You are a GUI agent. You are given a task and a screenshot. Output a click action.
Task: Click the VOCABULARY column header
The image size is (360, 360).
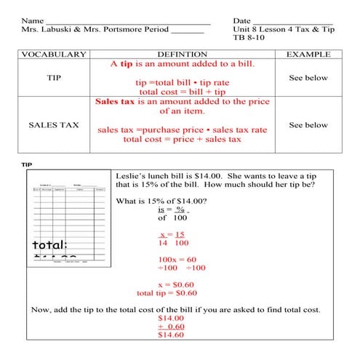54,55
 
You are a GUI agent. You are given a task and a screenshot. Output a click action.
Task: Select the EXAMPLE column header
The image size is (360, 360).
308,55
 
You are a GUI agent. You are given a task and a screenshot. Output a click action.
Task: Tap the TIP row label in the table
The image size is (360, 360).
54,78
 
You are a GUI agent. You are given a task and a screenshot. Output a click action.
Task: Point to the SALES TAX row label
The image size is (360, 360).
54,125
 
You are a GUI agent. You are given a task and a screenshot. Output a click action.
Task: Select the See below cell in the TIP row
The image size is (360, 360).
308,78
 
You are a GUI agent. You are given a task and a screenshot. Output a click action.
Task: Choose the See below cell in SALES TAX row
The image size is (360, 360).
308,125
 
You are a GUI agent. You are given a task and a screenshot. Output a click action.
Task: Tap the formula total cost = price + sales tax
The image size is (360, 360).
182,139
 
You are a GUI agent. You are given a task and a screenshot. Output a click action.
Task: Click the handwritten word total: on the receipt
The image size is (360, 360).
49,244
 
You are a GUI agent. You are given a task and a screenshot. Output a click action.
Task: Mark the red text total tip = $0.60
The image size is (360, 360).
167,293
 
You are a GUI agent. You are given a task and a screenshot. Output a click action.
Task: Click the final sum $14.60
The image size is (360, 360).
171,335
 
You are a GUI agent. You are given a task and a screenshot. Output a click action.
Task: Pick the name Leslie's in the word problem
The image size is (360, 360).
132,176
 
